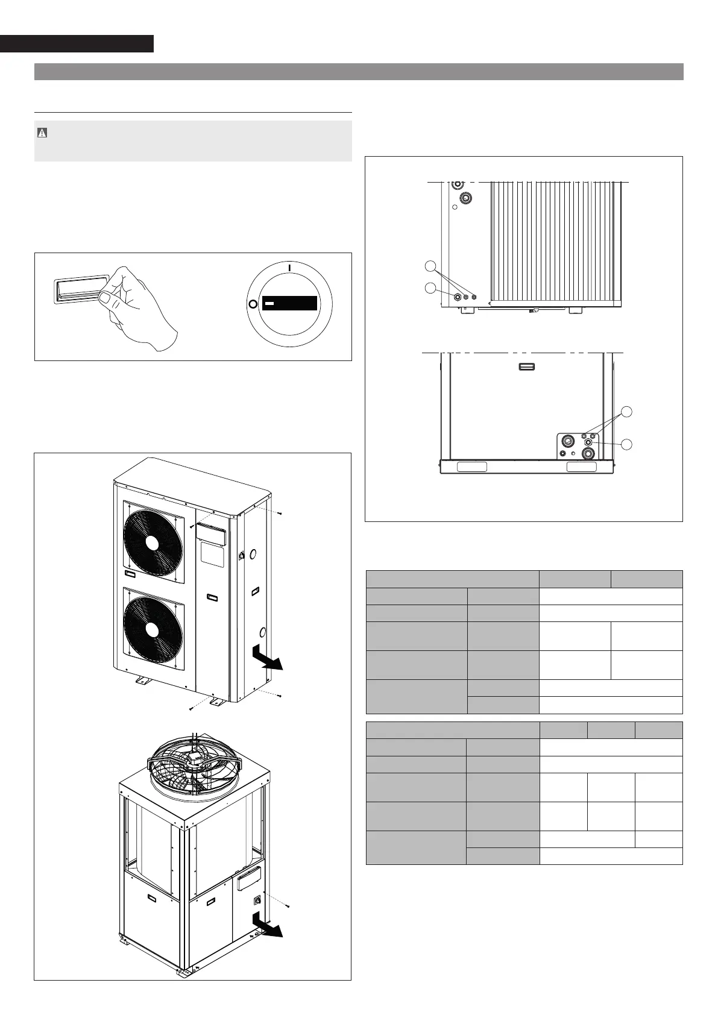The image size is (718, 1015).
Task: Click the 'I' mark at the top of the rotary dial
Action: pos(289,266)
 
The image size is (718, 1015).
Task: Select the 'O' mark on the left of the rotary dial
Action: pos(252,304)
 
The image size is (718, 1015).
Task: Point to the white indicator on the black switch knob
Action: pos(269,304)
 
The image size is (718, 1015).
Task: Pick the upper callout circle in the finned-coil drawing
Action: pos(430,266)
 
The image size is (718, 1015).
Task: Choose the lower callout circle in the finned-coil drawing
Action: pos(430,288)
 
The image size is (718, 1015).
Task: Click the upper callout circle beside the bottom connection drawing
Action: pos(627,412)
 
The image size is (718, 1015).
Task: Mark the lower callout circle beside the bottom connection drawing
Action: pos(627,444)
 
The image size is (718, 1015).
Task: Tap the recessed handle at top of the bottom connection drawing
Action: pos(527,366)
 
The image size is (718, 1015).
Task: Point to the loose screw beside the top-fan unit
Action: pos(289,907)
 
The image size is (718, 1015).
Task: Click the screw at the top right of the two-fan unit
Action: pos(281,514)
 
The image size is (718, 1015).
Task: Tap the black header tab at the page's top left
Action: pos(77,44)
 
